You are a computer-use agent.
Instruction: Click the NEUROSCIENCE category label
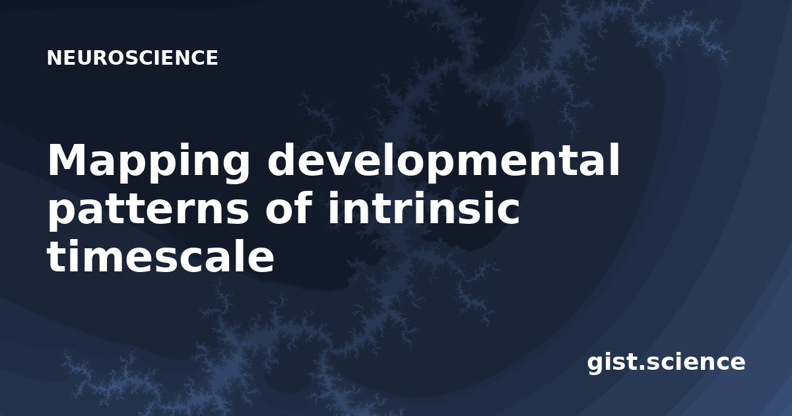[132, 57]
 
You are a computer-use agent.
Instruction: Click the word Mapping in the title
[148, 162]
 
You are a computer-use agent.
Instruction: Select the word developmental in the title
[444, 160]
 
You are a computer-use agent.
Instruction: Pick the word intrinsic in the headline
[424, 207]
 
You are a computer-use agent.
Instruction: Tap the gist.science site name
[666, 363]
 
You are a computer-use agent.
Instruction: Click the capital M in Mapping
[70, 160]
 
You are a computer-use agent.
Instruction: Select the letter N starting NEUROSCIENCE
[53, 57]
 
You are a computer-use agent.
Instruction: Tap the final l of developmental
[614, 159]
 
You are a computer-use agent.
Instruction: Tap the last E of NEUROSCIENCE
[211, 57]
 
